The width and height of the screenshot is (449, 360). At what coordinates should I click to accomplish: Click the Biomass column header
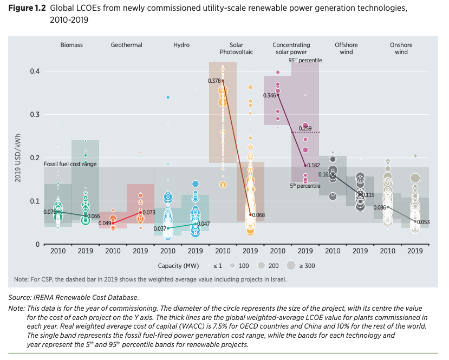pos(71,45)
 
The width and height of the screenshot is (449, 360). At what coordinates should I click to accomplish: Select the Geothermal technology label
pos(126,45)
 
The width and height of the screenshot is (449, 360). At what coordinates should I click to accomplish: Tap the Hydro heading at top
pos(181,45)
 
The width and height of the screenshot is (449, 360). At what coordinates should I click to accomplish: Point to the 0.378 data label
pos(214,81)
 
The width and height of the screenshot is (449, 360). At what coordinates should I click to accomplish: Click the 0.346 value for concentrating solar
pos(270,95)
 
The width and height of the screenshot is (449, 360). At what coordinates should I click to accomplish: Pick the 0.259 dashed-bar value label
pos(305,128)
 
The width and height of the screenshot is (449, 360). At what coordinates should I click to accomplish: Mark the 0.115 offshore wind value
pos(368,195)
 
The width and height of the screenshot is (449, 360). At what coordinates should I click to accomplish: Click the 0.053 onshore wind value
pos(424,221)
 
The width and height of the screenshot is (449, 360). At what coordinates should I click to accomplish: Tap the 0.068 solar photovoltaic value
pos(258,215)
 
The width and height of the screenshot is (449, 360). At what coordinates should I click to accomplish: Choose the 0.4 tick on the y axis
pos(34,71)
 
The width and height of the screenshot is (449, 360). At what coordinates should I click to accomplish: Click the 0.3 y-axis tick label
pos(34,114)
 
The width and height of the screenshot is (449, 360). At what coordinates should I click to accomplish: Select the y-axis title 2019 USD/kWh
pos(18,158)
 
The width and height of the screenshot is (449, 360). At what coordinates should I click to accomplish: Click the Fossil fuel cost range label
pos(70,164)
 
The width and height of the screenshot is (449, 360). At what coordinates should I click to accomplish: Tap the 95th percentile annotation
pos(305,61)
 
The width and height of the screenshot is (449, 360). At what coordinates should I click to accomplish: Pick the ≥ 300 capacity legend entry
pos(306,266)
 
